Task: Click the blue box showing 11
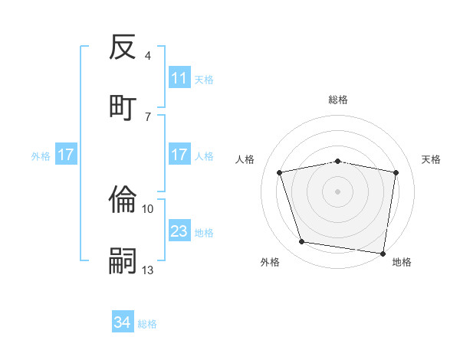click(179, 78)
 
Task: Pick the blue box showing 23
click(179, 231)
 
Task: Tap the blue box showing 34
click(123, 323)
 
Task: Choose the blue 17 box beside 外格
click(66, 155)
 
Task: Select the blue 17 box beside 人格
click(179, 155)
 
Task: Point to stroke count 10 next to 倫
click(148, 208)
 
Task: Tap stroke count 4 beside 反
click(148, 55)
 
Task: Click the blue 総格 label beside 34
click(147, 324)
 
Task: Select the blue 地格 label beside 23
click(204, 232)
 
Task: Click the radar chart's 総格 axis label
click(338, 100)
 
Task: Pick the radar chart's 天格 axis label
click(432, 159)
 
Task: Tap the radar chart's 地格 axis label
click(402, 262)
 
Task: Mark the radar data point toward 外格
click(301, 242)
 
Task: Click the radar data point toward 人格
click(280, 173)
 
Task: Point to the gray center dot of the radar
click(338, 191)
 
